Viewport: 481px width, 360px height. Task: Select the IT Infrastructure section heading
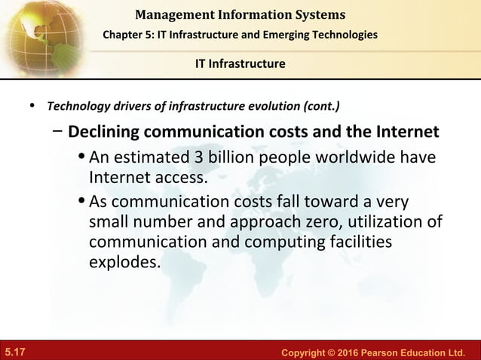click(x=238, y=63)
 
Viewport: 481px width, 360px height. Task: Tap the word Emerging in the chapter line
click(x=291, y=37)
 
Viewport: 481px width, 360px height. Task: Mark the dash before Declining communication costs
click(x=59, y=132)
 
